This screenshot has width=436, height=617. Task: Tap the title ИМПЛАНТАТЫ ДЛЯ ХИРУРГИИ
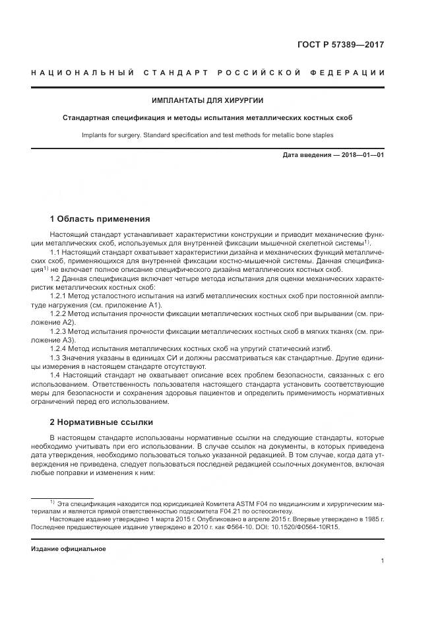click(x=207, y=101)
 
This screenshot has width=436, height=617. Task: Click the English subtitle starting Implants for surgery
click(x=207, y=135)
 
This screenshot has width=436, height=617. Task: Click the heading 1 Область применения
click(x=100, y=219)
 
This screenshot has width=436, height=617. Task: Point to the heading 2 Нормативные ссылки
click(x=101, y=422)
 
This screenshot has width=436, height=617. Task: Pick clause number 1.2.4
click(x=60, y=348)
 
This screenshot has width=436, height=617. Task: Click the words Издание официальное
click(x=69, y=548)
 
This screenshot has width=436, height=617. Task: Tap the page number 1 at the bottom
click(x=383, y=562)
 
